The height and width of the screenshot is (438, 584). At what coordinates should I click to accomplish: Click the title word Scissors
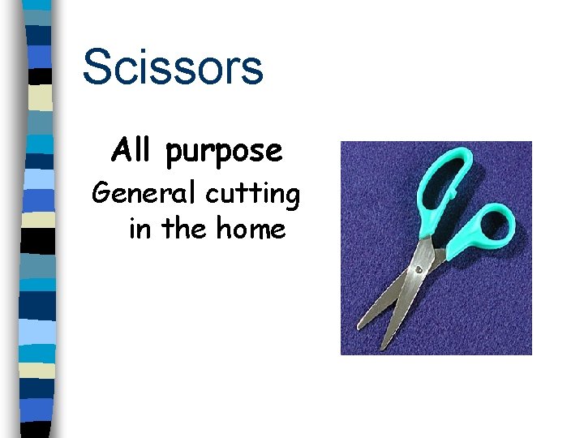tap(172, 67)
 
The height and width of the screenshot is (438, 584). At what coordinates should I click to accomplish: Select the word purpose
tap(224, 152)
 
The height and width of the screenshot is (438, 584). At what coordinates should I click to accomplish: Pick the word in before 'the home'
tap(140, 230)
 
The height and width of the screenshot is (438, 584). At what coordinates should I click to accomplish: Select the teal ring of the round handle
tap(510, 213)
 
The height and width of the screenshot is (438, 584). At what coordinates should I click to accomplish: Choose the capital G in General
tap(103, 194)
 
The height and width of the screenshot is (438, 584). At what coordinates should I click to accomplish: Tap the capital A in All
tap(118, 150)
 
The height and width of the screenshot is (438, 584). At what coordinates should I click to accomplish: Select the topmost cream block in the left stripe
tap(41, 98)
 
